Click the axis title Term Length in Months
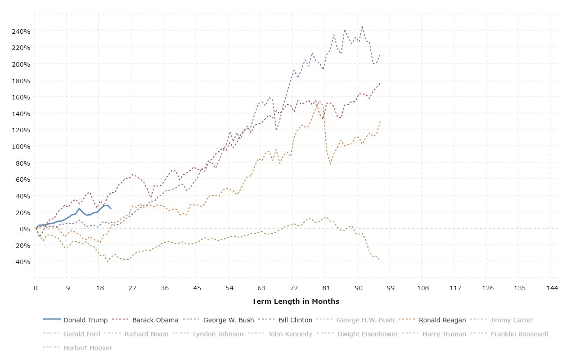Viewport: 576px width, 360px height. (x=296, y=301)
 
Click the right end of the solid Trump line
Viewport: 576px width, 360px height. (x=111, y=209)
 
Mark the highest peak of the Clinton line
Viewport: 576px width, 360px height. (x=362, y=26)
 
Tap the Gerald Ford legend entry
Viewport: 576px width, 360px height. (x=80, y=334)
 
